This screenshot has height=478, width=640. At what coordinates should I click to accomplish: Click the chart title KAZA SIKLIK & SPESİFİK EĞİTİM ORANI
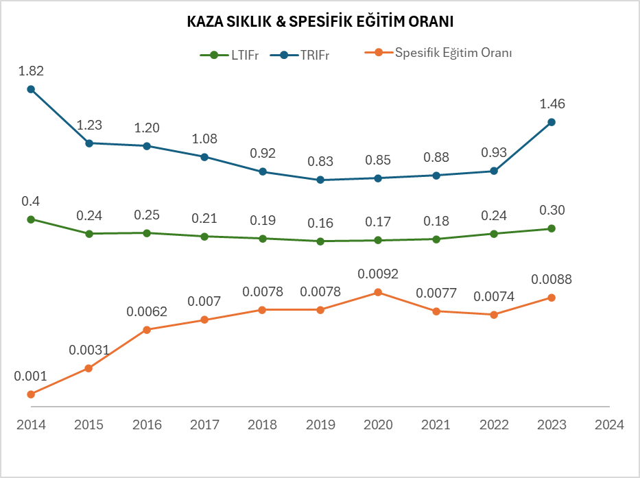click(x=320, y=22)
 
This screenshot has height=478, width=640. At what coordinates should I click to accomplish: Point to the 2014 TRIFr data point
click(x=31, y=89)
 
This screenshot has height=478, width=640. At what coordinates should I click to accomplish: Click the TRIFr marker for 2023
click(x=552, y=122)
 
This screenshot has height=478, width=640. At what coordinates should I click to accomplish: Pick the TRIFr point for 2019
click(x=320, y=180)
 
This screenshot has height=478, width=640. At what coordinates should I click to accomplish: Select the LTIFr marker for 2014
click(x=31, y=219)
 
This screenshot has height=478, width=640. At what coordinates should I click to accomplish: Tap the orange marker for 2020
click(x=378, y=292)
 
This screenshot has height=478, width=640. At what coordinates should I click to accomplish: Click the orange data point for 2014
click(x=31, y=394)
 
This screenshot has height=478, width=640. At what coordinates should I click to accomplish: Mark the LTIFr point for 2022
click(x=494, y=234)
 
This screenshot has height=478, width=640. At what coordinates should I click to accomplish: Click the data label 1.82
click(x=31, y=71)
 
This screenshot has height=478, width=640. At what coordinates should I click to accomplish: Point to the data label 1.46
click(x=552, y=104)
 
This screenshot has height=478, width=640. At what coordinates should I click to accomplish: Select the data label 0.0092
click(x=378, y=274)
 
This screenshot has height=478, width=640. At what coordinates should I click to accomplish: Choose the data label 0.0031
click(x=88, y=350)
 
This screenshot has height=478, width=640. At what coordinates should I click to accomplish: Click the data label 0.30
click(x=552, y=211)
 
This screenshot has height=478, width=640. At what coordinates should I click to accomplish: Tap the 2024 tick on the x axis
click(x=610, y=425)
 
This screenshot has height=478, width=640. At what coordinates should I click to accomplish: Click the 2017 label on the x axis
click(x=204, y=425)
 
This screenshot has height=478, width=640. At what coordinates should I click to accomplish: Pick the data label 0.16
click(x=320, y=223)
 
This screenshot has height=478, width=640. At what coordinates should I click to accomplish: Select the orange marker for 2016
click(x=147, y=330)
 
